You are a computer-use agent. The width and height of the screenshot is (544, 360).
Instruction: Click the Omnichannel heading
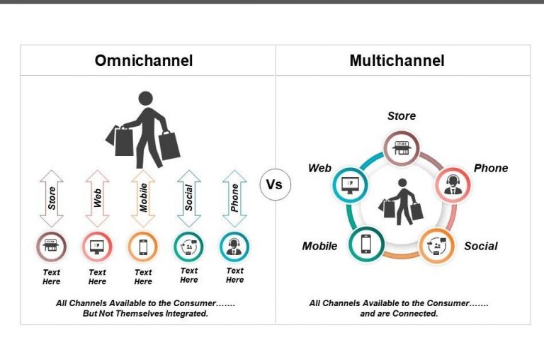pyautogui.click(x=144, y=61)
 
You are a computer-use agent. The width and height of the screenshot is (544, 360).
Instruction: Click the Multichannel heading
pyautogui.click(x=397, y=61)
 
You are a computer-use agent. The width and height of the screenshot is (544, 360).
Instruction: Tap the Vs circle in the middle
pyautogui.click(x=274, y=185)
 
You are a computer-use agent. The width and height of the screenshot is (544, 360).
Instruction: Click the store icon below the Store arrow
pyautogui.click(x=52, y=247)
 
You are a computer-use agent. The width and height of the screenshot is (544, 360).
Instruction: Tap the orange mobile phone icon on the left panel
pyautogui.click(x=143, y=247)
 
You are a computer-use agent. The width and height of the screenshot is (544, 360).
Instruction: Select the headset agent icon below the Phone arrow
pyautogui.click(x=234, y=247)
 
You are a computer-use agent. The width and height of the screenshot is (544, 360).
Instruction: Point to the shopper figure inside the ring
pyautogui.click(x=401, y=201)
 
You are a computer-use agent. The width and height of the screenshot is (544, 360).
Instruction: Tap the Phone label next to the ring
pyautogui.click(x=491, y=168)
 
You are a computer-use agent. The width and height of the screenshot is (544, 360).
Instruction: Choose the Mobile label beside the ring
pyautogui.click(x=319, y=246)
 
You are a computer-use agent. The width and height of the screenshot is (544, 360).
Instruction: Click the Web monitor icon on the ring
pyautogui.click(x=349, y=184)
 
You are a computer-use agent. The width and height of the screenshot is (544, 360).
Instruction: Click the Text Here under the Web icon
pyautogui.click(x=98, y=276)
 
